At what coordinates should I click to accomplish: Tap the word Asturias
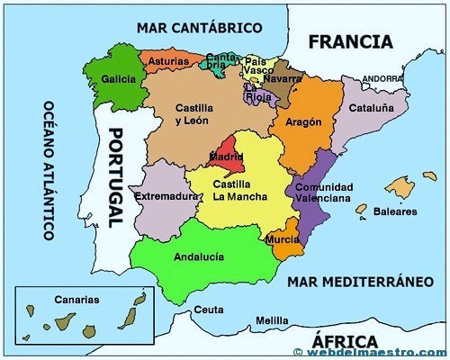(168, 61)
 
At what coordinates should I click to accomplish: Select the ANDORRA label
(383, 78)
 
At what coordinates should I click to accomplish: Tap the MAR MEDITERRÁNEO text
(355, 282)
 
